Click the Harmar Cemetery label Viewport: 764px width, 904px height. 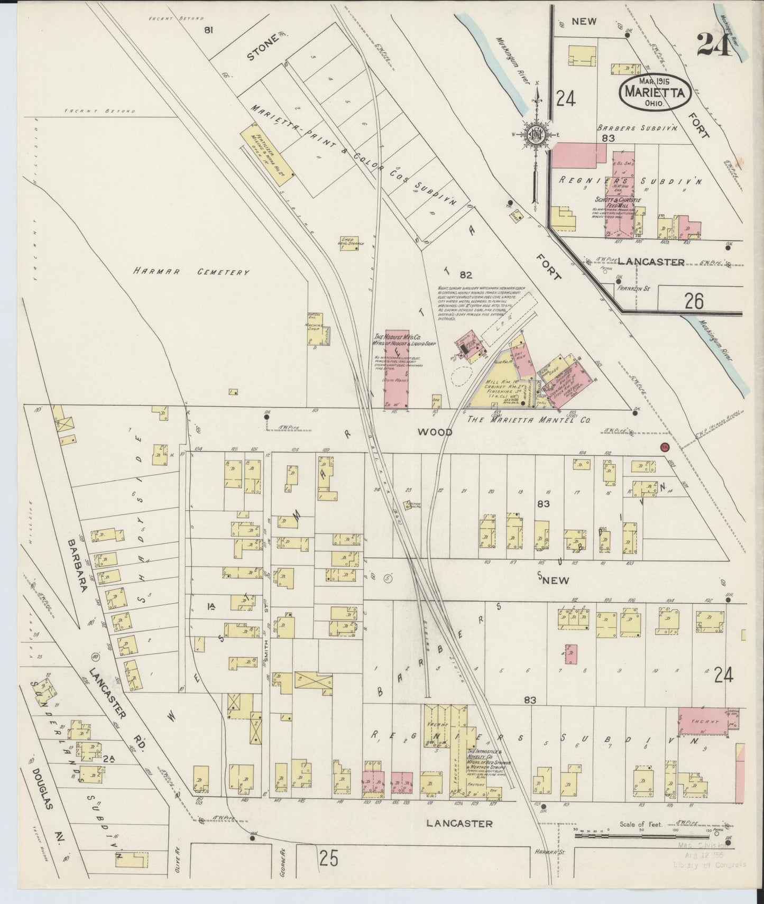click(x=190, y=272)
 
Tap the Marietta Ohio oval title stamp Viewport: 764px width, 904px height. click(x=655, y=91)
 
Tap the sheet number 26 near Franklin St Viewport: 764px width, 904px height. click(x=693, y=301)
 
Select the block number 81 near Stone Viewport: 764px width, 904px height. click(x=209, y=30)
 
